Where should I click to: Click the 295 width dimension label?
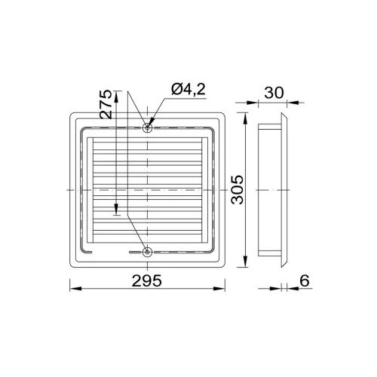(x=147, y=280)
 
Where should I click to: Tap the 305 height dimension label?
(x=238, y=190)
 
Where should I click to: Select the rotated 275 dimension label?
(x=106, y=104)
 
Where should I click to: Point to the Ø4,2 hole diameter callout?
(x=188, y=89)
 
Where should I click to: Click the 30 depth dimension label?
(x=274, y=93)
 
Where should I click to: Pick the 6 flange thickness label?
(x=305, y=280)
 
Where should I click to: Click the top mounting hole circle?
(x=147, y=127)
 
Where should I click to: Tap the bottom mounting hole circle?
(x=147, y=252)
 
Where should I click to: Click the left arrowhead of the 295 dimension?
(x=75, y=289)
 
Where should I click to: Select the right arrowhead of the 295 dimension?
(x=219, y=289)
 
